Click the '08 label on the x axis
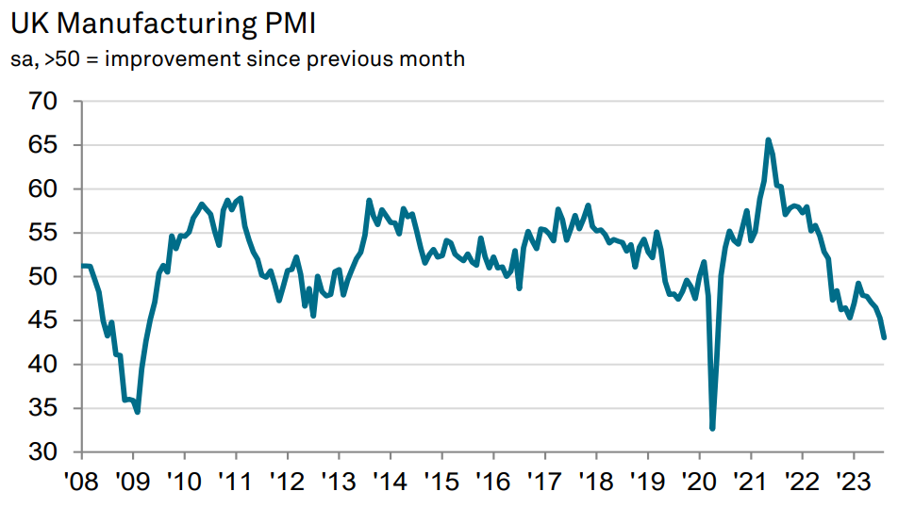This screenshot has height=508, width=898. [x=82, y=481]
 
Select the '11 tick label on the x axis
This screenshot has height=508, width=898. [x=235, y=481]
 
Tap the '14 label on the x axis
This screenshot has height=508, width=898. [x=390, y=481]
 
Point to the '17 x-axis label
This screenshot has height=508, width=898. [x=544, y=481]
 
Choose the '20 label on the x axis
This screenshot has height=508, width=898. [x=699, y=481]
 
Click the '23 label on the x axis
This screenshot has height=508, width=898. [x=854, y=481]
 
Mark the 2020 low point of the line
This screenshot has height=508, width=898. [x=712, y=428]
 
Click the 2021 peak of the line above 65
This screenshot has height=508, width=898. [x=768, y=140]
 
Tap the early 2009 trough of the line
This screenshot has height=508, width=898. [x=138, y=412]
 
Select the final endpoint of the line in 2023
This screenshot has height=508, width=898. [x=884, y=337]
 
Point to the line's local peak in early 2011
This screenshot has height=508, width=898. [x=241, y=198]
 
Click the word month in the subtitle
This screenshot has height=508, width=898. [x=436, y=59]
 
